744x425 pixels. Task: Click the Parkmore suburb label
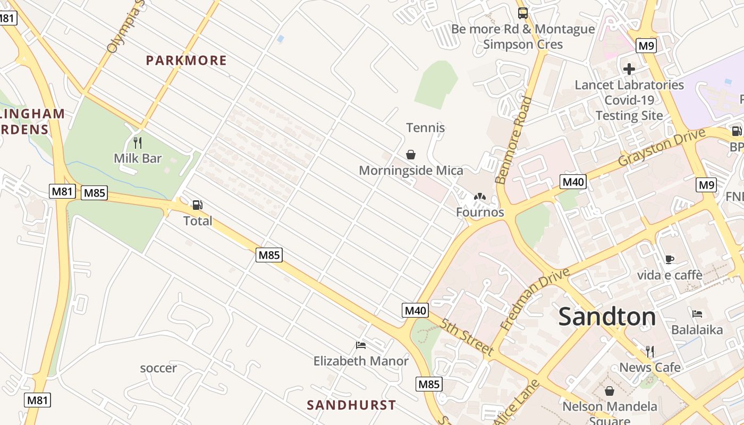[x=186, y=61]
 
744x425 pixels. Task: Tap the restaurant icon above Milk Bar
[x=138, y=143]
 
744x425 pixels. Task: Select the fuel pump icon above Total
[x=197, y=205]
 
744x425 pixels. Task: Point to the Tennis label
[x=425, y=127]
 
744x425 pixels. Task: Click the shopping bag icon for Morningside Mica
[x=411, y=155]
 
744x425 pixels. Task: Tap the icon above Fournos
[x=480, y=197]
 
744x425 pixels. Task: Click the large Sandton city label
[x=607, y=317]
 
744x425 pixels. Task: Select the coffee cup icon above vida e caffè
[x=670, y=259]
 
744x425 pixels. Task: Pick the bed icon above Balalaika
[x=697, y=313]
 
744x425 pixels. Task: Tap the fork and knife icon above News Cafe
[x=649, y=351]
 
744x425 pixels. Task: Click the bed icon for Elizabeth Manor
[x=361, y=345]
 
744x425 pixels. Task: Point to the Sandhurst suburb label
[x=351, y=405]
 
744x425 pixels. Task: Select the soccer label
[x=158, y=368]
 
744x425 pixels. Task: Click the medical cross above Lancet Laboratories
[x=629, y=69]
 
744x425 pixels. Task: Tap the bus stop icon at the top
[x=523, y=13]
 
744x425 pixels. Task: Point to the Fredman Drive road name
[x=535, y=299]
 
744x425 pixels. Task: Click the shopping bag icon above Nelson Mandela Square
[x=610, y=391]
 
